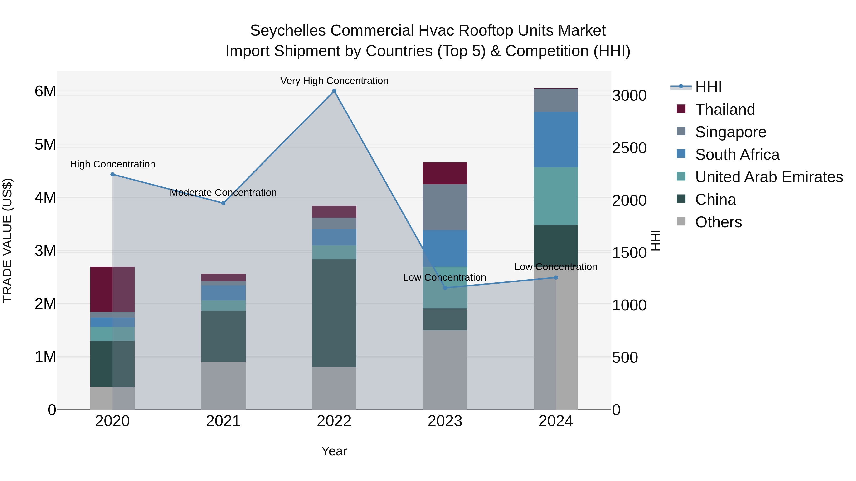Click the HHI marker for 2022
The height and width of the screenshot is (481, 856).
[x=334, y=91]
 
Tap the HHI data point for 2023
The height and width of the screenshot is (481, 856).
[x=445, y=288]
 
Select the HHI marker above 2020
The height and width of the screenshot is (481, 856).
[x=112, y=174]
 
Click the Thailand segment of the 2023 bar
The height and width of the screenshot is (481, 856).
[x=445, y=173]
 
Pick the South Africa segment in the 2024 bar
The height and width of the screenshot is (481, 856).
[x=556, y=139]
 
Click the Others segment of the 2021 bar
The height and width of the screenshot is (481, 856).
[x=223, y=386]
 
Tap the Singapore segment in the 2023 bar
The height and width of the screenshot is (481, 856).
[x=445, y=207]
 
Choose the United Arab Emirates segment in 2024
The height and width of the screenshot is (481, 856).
[x=556, y=196]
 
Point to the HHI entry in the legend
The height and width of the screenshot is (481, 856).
[x=708, y=87]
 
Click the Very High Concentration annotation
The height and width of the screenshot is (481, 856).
[x=334, y=81]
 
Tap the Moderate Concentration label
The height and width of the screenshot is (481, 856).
[x=223, y=193]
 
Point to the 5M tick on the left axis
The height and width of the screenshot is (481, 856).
[x=45, y=145]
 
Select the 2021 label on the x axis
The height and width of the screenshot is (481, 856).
[x=223, y=421]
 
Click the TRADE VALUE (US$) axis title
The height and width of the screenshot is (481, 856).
[x=7, y=240]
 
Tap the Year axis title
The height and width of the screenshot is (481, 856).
[x=334, y=451]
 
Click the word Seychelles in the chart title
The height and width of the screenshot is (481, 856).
[x=288, y=31]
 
